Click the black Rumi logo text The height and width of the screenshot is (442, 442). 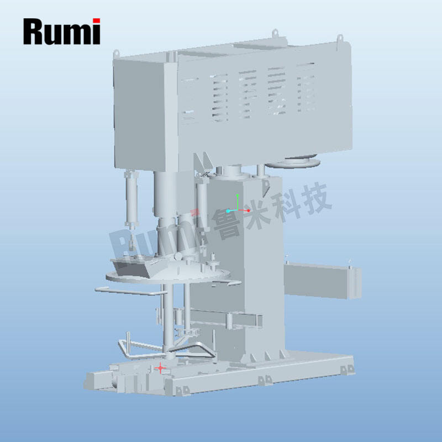click(x=61, y=31)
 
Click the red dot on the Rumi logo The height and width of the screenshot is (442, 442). click(x=96, y=20)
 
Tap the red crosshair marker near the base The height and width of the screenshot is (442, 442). click(x=160, y=368)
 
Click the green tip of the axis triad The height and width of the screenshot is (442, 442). click(x=238, y=195)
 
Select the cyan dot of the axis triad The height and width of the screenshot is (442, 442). click(x=228, y=211)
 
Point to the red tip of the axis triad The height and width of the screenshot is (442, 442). click(x=248, y=211)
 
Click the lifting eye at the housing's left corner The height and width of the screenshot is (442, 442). click(x=116, y=54)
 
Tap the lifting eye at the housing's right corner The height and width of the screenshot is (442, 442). click(x=340, y=38)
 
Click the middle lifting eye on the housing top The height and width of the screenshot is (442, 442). click(x=275, y=33)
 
